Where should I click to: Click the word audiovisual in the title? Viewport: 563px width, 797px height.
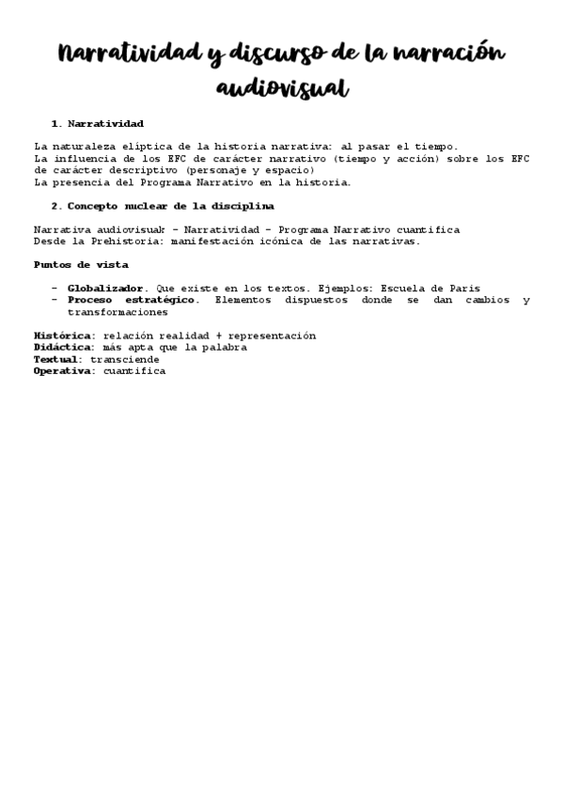(282, 87)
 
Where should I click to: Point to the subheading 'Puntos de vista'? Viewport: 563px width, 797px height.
(81, 265)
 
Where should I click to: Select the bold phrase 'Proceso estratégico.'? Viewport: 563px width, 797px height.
(133, 300)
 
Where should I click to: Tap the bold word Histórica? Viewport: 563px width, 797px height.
(64, 336)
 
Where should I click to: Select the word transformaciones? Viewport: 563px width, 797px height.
(117, 312)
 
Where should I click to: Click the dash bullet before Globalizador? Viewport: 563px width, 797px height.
(55, 288)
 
